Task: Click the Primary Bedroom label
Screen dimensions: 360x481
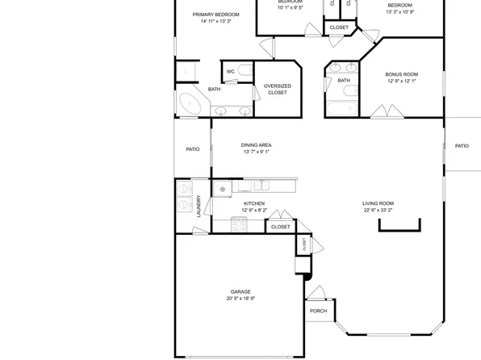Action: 215,15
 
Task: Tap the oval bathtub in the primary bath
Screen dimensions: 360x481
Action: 191,104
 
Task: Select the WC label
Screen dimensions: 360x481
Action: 230,72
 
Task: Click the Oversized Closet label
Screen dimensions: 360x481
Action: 277,89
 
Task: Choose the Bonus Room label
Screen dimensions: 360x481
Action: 402,74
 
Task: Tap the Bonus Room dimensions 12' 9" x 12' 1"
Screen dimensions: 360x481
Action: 402,81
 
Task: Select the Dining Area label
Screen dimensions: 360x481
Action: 256,145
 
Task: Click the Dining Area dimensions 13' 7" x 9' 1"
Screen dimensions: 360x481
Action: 256,152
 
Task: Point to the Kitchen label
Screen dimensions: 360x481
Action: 254,203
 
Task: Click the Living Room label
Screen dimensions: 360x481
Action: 378,203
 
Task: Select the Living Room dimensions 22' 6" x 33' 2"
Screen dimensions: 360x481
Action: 378,210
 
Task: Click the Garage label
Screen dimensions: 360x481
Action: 240,292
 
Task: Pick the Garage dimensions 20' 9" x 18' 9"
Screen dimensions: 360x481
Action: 240,299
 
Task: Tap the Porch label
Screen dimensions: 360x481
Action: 318,311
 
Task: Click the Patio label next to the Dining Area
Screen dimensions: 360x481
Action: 193,149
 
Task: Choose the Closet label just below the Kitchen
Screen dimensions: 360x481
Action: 280,227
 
